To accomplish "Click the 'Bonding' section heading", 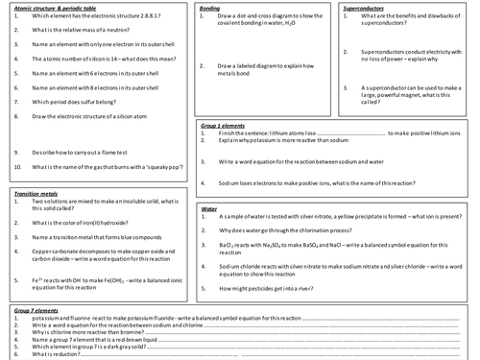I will click(210, 7).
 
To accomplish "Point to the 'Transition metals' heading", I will click(34, 193).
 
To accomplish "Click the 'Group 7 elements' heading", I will click(36, 311).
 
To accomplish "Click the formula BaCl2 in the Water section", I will click(228, 245).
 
